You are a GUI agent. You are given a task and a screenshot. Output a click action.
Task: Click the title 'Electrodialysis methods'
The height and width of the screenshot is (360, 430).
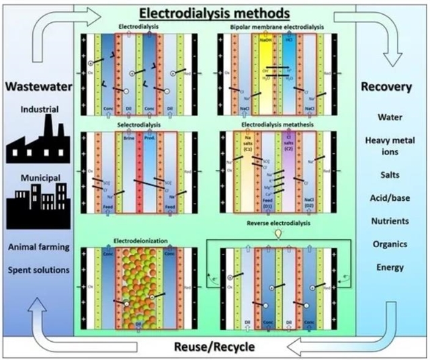[x=214, y=11]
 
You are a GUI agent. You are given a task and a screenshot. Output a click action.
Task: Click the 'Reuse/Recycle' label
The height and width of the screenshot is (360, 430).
[x=214, y=346]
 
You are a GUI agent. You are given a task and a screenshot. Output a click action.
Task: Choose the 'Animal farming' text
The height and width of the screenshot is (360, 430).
[x=38, y=247]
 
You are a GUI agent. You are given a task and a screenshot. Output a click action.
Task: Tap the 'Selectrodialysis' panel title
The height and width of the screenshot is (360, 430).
[x=137, y=126]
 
